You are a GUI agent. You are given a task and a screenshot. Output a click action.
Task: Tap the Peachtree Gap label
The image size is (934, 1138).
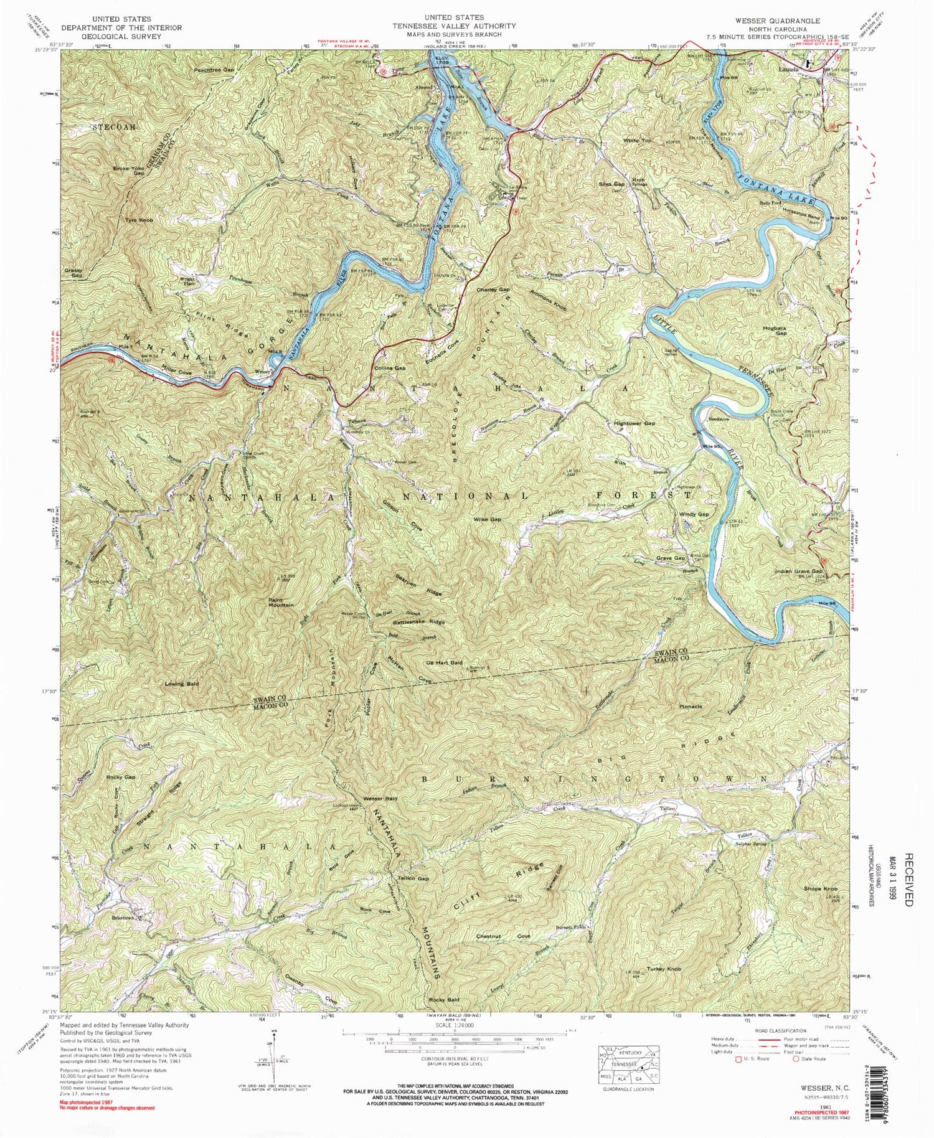click(x=214, y=70)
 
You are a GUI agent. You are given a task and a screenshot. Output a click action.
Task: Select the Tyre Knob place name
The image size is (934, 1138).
click(x=139, y=220)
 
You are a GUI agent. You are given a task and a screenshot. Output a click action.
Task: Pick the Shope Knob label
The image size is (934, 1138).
click(x=821, y=888)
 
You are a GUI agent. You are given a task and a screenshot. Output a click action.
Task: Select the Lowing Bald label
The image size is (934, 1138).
click(x=182, y=684)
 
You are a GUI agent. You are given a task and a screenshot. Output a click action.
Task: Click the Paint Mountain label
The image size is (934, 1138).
click(x=281, y=602)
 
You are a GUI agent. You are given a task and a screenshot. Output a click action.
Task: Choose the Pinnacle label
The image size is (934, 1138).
click(x=691, y=707)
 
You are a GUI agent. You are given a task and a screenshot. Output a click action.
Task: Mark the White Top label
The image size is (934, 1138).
click(x=638, y=141)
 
